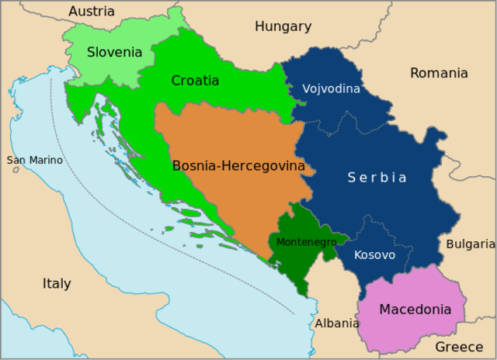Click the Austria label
pyautogui.click(x=92, y=12)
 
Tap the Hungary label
pyautogui.click(x=283, y=26)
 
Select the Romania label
pyautogui.click(x=439, y=73)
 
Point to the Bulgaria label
pyautogui.click(x=470, y=244)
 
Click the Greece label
pyautogui.click(x=459, y=347)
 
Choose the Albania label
pyautogui.click(x=337, y=323)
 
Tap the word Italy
pyautogui.click(x=57, y=284)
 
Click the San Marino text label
pyautogui.click(x=35, y=161)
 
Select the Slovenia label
pyautogui.click(x=114, y=53)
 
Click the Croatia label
pyautogui.click(x=195, y=81)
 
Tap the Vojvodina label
pyautogui.click(x=331, y=88)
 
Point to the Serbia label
pyautogui.click(x=377, y=178)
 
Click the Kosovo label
pyautogui.click(x=374, y=254)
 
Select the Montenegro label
pyautogui.click(x=307, y=242)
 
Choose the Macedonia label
pyautogui.click(x=415, y=310)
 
